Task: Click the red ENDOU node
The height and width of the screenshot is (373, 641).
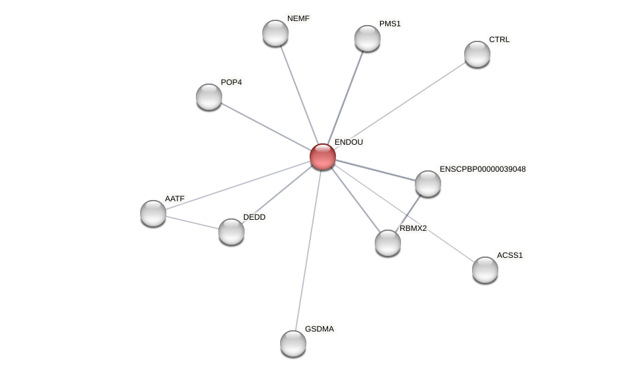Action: (323, 157)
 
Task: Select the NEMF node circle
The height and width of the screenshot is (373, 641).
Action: (275, 33)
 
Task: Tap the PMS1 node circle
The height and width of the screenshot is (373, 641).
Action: (368, 38)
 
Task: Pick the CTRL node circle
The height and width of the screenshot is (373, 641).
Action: (477, 54)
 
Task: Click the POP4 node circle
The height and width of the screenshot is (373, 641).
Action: (209, 97)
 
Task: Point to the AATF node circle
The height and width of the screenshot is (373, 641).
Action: (153, 213)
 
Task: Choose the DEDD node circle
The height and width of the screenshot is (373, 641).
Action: (231, 232)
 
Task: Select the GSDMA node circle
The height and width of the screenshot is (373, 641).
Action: (293, 343)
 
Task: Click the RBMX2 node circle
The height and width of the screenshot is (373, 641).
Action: (388, 243)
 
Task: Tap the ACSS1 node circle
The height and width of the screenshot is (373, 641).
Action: (485, 270)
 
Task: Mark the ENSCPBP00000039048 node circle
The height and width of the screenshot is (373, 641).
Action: (428, 184)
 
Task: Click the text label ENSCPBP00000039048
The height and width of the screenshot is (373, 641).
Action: (483, 169)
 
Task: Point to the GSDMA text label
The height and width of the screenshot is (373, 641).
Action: (320, 329)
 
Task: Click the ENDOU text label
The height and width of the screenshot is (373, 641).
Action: (348, 142)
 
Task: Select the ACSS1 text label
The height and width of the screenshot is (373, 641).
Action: (510, 255)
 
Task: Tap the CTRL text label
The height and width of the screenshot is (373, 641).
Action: (499, 39)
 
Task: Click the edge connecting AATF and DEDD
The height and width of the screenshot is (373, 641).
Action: (192, 222)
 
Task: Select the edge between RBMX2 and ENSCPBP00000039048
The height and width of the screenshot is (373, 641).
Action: (409, 212)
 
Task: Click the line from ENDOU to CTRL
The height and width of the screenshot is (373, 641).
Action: (401, 105)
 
